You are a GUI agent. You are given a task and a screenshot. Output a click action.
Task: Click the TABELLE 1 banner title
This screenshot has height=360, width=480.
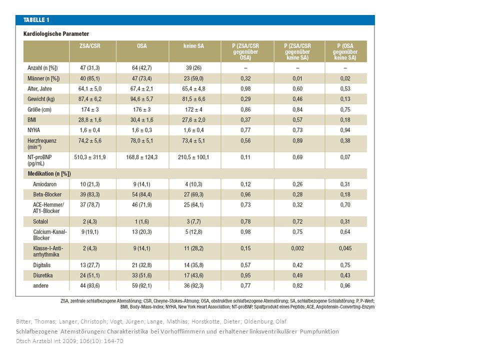point(36,20)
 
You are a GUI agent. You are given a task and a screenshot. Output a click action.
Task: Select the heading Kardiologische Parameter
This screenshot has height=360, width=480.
point(56,33)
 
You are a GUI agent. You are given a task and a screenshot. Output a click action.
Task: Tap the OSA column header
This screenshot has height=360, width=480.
point(141,46)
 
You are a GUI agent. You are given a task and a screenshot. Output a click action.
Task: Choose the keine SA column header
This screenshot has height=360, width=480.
point(193,46)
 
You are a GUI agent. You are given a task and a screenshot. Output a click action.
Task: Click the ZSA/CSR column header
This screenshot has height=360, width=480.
point(89,46)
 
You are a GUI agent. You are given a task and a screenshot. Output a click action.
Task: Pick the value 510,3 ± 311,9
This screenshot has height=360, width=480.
point(89,157)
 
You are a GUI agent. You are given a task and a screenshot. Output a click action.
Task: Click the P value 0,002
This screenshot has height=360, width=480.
point(297,248)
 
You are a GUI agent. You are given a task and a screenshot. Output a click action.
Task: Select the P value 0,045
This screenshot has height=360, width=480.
point(345,248)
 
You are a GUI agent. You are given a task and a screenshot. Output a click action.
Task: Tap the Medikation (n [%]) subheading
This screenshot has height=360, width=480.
point(49,173)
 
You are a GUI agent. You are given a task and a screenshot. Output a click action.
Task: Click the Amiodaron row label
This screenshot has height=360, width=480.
point(44,184)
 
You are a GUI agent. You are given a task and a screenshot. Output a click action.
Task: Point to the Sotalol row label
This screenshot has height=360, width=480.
point(40,221)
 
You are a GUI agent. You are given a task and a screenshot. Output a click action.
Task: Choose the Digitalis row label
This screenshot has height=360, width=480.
point(42,265)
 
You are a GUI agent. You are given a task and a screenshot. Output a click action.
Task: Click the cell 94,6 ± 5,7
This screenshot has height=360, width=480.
point(141,99)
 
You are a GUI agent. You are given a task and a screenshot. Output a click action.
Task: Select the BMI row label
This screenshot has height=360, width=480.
point(32,119)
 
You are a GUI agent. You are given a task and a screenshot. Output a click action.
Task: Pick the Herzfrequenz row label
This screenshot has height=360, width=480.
point(42,143)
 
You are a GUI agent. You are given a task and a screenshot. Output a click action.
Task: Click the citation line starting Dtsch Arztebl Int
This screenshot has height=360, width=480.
point(69,340)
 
